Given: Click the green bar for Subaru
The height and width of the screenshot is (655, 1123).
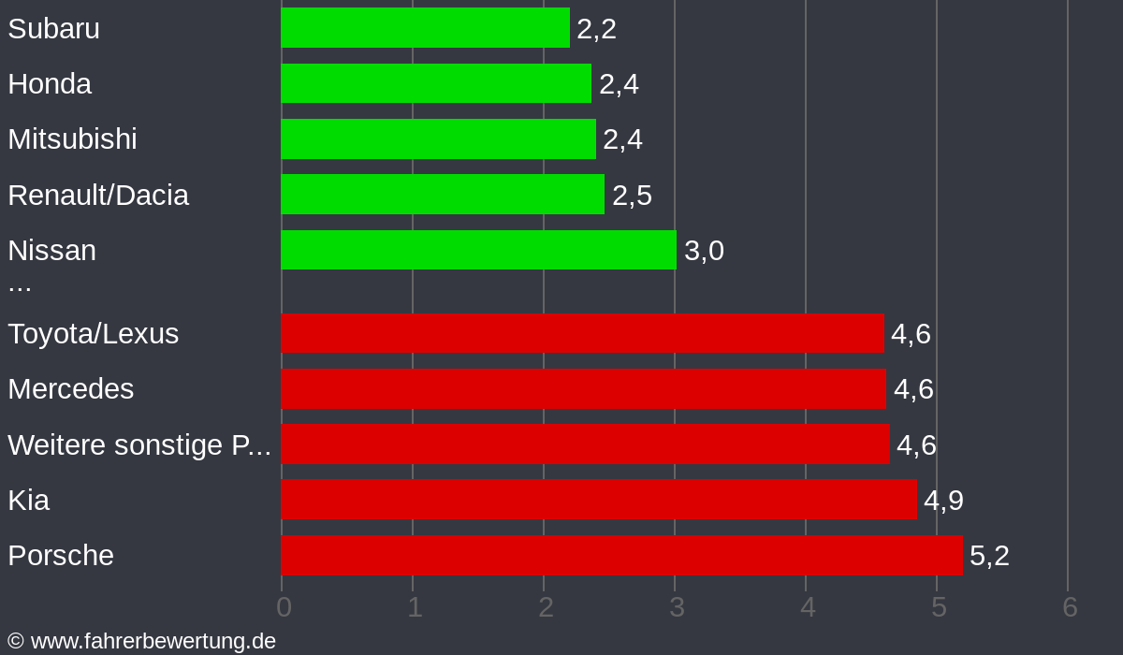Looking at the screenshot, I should [x=425, y=28].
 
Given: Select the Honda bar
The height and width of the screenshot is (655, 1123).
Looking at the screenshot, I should [x=436, y=83].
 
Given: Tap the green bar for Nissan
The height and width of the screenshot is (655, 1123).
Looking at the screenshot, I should [x=478, y=250].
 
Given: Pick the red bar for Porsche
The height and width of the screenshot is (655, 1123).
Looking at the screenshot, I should [x=621, y=555].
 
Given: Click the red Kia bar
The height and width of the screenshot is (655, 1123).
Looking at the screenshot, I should [x=599, y=500].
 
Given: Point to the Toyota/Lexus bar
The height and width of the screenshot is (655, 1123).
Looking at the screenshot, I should [x=582, y=333].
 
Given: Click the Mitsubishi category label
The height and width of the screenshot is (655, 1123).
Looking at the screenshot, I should [x=72, y=139].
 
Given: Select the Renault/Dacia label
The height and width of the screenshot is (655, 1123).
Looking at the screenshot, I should [x=98, y=195].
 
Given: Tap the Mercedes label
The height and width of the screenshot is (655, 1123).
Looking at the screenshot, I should [x=71, y=389].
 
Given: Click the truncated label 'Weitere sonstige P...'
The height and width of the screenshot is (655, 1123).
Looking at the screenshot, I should [x=139, y=445].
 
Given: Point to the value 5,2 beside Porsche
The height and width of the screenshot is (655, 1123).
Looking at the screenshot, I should [x=989, y=556].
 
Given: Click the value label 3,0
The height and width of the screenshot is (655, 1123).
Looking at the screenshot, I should [x=704, y=251].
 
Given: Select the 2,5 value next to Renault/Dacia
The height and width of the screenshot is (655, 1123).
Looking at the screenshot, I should [x=632, y=196].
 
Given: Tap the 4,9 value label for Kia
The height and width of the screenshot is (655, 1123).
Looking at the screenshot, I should [x=943, y=501].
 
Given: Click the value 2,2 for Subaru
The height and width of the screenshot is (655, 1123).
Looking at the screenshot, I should [x=596, y=29].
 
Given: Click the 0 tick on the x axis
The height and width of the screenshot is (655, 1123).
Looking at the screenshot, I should [x=284, y=607].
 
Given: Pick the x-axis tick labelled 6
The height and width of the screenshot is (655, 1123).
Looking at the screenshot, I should [x=1070, y=607].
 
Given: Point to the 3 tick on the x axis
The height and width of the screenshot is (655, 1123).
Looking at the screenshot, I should [x=677, y=607].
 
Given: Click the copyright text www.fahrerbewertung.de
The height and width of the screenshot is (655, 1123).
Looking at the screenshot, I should [x=142, y=641].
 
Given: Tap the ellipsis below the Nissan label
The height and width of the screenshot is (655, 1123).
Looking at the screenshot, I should [x=20, y=284].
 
